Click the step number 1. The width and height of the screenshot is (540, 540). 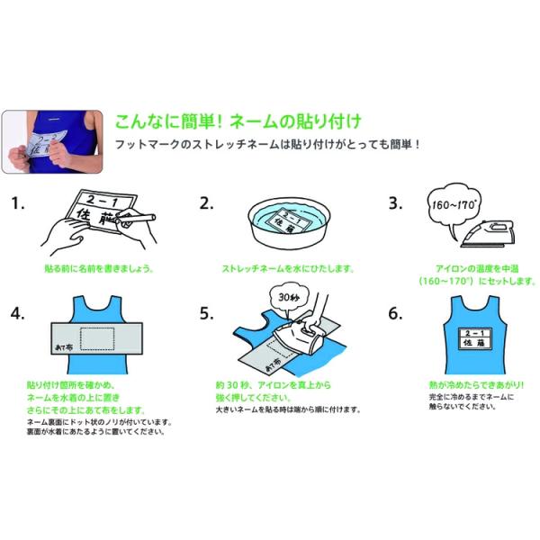coord(18,203)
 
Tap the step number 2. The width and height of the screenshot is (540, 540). coord(207,203)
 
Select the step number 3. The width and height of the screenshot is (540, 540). coord(395,203)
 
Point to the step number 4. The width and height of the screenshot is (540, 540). coord(18,313)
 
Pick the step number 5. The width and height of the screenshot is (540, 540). coord(207,313)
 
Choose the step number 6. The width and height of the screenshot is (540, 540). coord(395,313)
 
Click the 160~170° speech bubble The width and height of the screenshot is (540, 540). coord(454,205)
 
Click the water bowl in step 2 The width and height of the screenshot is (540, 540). coord(289,223)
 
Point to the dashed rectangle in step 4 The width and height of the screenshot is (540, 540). coord(97,339)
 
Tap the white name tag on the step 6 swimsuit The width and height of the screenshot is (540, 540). coord(474,338)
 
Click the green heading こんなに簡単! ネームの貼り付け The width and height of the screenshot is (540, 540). coord(238,121)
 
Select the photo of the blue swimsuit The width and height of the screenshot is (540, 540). coord(52,141)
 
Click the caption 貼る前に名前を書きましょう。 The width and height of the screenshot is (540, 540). coord(99,268)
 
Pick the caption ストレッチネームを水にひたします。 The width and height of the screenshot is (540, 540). coord(288,268)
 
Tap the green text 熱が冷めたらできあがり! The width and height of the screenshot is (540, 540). coord(476,385)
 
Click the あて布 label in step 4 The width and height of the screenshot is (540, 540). coord(64,347)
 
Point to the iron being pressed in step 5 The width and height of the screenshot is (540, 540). coord(299,336)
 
